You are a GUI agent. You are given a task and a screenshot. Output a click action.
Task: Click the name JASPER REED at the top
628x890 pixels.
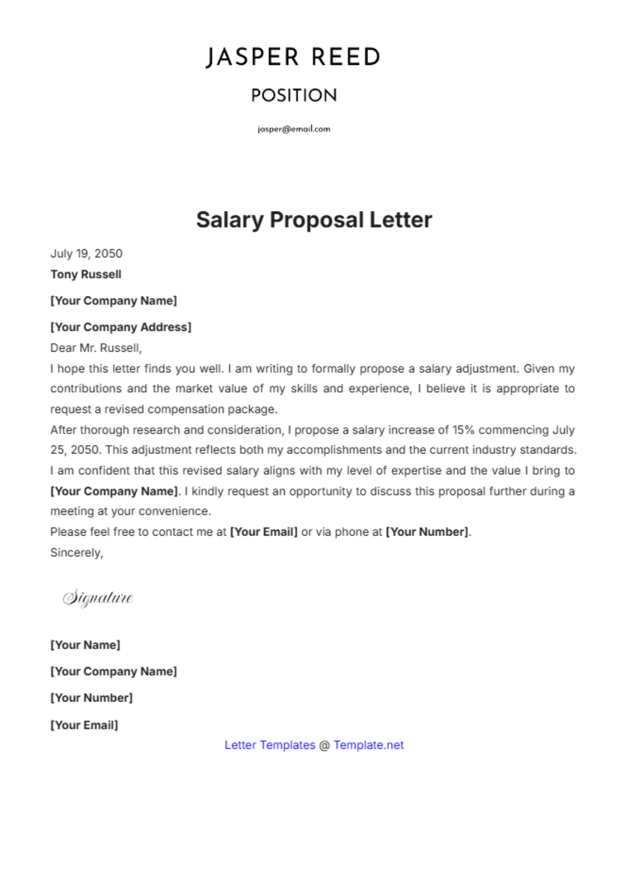click(x=293, y=57)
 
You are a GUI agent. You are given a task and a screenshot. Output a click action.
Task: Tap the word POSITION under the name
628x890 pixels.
click(x=294, y=95)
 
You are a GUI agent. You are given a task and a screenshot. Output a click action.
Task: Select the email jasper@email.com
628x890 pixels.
click(x=294, y=129)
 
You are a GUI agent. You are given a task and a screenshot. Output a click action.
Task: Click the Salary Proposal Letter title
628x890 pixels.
click(x=314, y=220)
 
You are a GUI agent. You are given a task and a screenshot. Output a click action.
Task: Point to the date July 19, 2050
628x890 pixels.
click(x=86, y=254)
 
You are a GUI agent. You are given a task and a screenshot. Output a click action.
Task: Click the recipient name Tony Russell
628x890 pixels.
click(x=86, y=274)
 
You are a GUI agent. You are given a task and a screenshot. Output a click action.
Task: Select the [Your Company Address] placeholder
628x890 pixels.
click(x=121, y=327)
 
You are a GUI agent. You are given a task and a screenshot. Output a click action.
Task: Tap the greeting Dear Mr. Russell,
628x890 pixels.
click(x=96, y=348)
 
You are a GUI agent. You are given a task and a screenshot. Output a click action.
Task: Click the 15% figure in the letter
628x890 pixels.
click(x=463, y=430)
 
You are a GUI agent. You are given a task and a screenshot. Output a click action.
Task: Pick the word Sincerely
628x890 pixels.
click(x=76, y=553)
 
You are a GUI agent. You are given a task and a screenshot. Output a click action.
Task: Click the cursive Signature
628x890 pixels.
click(x=98, y=597)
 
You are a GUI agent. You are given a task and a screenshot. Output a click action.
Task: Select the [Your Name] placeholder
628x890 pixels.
click(x=85, y=645)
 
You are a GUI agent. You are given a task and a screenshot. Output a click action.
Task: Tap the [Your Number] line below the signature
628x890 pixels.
click(x=92, y=698)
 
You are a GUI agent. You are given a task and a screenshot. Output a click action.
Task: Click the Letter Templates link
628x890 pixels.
click(x=270, y=745)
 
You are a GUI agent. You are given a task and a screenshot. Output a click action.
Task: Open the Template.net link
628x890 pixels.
click(x=368, y=745)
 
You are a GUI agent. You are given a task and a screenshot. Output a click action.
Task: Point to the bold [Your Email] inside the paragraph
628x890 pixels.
click(x=264, y=532)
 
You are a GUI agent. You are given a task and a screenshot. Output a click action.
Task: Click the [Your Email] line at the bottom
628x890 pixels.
click(x=84, y=725)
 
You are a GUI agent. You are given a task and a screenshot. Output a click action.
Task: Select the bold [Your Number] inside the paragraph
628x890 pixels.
click(x=428, y=532)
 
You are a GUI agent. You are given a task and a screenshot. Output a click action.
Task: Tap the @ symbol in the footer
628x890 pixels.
click(x=324, y=745)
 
